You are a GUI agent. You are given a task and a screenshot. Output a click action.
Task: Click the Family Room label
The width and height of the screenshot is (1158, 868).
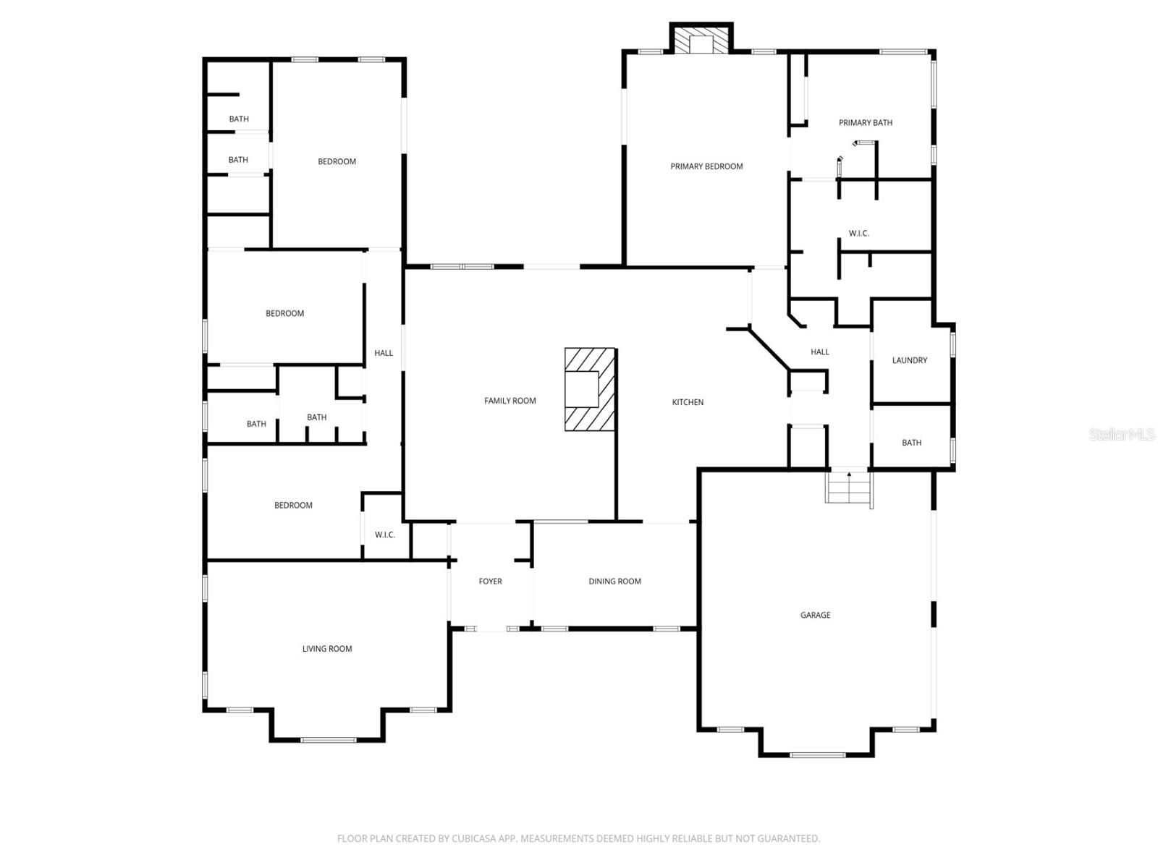pyautogui.click(x=510, y=401)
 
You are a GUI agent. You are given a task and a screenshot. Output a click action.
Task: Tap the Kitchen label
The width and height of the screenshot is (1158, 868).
pyautogui.click(x=688, y=402)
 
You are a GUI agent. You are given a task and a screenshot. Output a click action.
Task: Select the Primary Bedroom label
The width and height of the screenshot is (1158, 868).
pyautogui.click(x=706, y=166)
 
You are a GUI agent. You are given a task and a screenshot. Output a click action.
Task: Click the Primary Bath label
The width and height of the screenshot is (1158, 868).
pyautogui.click(x=865, y=123)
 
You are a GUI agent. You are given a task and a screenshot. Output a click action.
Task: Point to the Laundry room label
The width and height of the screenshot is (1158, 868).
pyautogui.click(x=909, y=360)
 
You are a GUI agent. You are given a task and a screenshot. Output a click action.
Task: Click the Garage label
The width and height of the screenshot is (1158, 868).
pyautogui.click(x=815, y=615)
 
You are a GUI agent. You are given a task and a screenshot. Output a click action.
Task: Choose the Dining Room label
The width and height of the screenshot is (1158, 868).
pyautogui.click(x=614, y=582)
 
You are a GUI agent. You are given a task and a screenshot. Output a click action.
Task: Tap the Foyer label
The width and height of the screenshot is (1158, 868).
pyautogui.click(x=490, y=582)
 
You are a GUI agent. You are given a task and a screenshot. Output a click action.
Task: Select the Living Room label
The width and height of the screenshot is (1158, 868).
pyautogui.click(x=327, y=649)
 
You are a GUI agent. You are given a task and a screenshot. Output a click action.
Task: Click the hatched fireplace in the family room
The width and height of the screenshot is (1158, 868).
pyautogui.click(x=591, y=390)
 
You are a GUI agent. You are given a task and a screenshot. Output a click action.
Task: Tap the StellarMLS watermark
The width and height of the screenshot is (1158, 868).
pyautogui.click(x=1121, y=435)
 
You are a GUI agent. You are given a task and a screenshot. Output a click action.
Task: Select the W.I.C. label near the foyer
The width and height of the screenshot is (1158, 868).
pyautogui.click(x=384, y=535)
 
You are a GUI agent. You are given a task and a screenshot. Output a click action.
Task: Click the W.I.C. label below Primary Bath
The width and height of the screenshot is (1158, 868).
pyautogui.click(x=858, y=234)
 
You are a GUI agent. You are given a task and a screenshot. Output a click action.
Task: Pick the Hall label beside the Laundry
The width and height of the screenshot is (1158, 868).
pyautogui.click(x=819, y=352)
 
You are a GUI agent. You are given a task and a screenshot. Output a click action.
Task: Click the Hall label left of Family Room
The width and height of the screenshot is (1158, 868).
pyautogui.click(x=384, y=353)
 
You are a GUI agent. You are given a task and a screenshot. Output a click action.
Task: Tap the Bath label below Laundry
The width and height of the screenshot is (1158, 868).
pyautogui.click(x=911, y=443)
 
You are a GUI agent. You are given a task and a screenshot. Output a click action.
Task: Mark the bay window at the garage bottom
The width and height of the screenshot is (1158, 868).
pyautogui.click(x=817, y=754)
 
